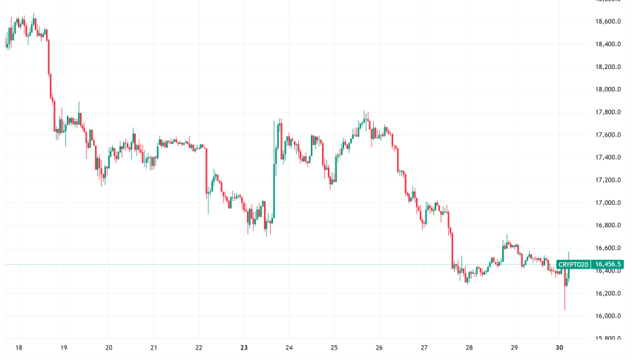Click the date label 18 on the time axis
(x=19, y=347)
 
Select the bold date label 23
(x=244, y=347)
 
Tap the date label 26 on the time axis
(x=379, y=347)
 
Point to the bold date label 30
(x=559, y=347)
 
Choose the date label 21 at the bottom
(x=154, y=347)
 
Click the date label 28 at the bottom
(x=469, y=347)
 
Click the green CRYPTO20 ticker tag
(x=573, y=264)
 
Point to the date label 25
(x=334, y=347)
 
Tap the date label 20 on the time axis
(x=109, y=347)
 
